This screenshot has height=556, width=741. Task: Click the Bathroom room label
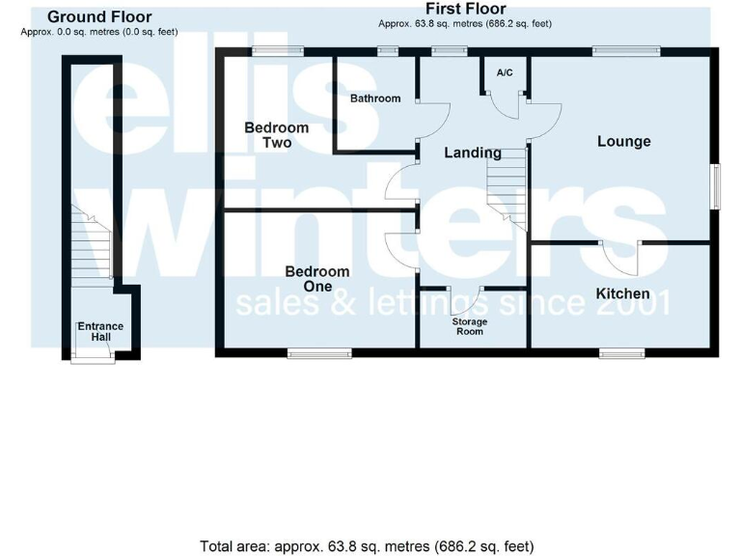(375, 98)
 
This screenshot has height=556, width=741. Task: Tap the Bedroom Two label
(276, 135)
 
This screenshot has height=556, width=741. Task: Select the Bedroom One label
(317, 279)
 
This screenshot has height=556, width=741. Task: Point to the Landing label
(472, 153)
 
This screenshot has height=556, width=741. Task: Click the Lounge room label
(623, 142)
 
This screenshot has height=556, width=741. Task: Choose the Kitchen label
(622, 293)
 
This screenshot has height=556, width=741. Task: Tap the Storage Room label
(470, 326)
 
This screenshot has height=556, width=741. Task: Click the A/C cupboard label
(505, 73)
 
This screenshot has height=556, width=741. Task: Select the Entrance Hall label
(100, 331)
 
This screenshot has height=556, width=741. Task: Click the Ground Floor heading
(99, 17)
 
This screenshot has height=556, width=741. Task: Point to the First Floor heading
(465, 9)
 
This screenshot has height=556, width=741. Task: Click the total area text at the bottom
(367, 546)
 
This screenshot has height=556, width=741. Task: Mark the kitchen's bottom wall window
(622, 353)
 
